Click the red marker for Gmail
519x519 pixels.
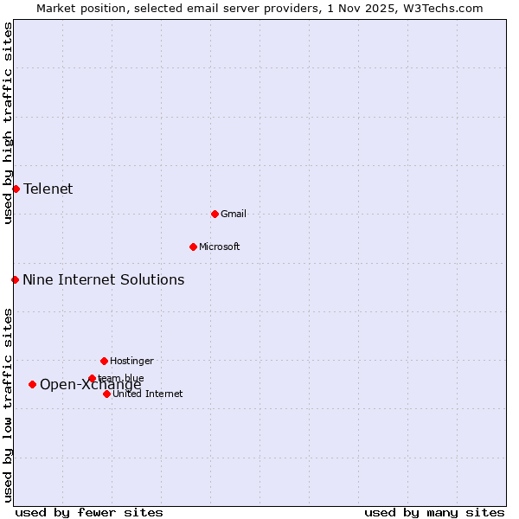click(215, 214)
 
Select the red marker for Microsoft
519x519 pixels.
click(193, 247)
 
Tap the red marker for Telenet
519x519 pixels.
click(16, 189)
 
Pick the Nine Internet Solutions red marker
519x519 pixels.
click(15, 279)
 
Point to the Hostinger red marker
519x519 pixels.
click(104, 361)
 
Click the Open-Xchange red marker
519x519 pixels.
click(32, 384)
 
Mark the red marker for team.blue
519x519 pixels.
click(92, 378)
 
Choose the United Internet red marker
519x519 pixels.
click(106, 394)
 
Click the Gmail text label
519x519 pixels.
click(234, 214)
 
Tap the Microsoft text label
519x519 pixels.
click(220, 247)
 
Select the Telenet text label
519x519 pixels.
click(48, 189)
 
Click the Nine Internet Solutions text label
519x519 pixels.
click(104, 279)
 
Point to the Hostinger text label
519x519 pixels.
click(131, 361)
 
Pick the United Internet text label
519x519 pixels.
click(148, 394)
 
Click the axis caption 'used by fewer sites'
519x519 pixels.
click(89, 512)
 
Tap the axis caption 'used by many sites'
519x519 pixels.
click(434, 512)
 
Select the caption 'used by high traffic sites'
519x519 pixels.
click(8, 123)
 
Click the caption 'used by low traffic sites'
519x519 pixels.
click(8, 404)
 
